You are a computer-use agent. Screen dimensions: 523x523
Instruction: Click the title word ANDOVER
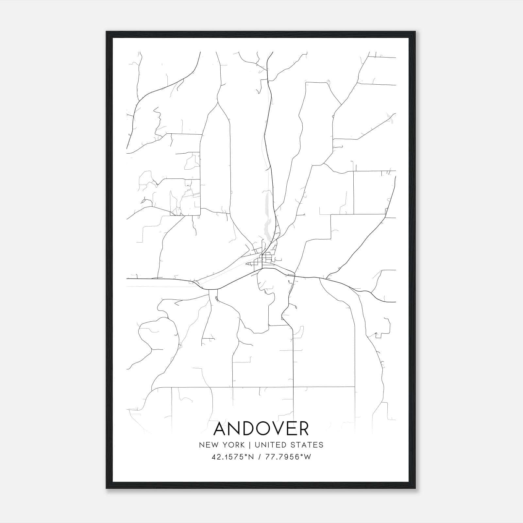click(261, 429)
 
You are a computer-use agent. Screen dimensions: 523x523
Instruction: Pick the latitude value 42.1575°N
click(232, 457)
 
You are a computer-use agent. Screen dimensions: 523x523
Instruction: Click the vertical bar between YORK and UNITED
click(249, 445)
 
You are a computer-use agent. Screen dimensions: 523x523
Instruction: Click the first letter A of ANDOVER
click(220, 429)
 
